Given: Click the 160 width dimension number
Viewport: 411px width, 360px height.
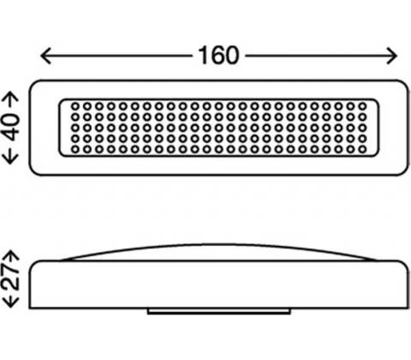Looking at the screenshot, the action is tap(218, 56).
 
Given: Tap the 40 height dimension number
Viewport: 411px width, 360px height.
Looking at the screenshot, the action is tap(12, 127).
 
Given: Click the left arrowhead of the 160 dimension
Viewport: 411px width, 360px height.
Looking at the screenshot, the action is tap(45, 56).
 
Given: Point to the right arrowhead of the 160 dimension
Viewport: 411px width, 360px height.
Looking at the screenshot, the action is tap(391, 56).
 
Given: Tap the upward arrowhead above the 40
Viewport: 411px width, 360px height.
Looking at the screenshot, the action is tap(11, 97).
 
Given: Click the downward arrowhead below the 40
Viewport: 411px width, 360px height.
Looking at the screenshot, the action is tap(11, 159).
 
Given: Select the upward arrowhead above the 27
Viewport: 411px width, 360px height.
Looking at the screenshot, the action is tap(11, 255).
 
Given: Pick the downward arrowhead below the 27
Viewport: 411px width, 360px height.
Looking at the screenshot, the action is tap(11, 303).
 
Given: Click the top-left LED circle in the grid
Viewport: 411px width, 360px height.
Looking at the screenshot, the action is tap(75, 106).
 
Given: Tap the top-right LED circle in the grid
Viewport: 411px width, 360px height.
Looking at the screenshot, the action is tap(362, 106).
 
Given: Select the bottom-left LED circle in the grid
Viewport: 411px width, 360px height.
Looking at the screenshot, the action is tap(75, 149).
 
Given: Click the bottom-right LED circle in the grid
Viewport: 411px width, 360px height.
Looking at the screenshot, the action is tap(362, 149).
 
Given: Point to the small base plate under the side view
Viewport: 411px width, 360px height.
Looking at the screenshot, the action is tap(219, 311).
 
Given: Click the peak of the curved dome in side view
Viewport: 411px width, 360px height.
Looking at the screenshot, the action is tap(219, 245).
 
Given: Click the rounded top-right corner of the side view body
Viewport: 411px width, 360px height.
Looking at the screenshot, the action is tap(405, 263).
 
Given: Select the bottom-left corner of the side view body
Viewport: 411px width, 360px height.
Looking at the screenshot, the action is tap(30, 308).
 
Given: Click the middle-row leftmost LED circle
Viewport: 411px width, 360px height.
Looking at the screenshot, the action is tap(75, 128).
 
